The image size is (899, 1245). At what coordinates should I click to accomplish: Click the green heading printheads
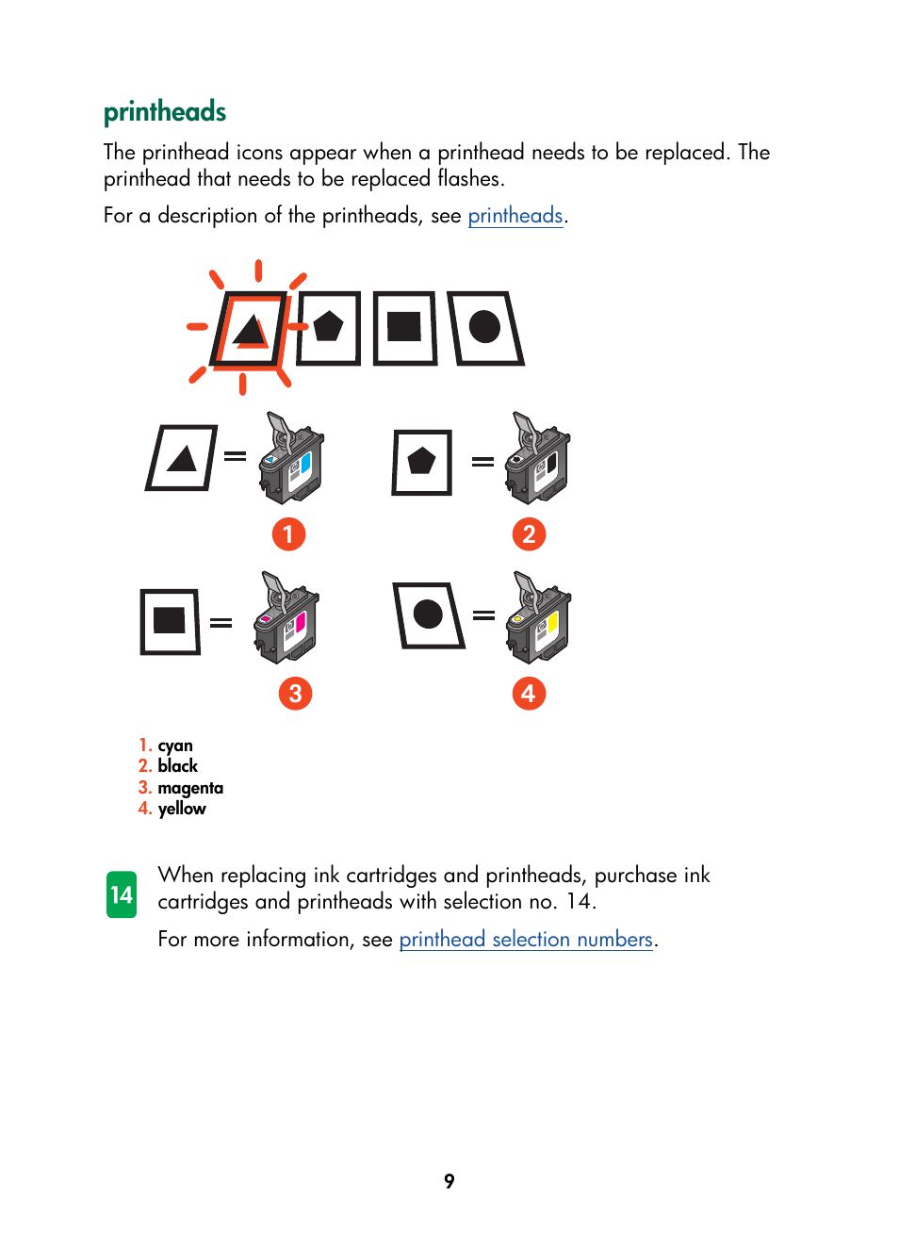(x=165, y=112)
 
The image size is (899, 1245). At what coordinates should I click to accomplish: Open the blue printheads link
(x=515, y=216)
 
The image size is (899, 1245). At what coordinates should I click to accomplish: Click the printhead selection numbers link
(x=526, y=940)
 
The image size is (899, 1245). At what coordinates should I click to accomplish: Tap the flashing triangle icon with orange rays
(x=250, y=330)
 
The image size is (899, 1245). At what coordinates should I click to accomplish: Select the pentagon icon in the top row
(x=328, y=328)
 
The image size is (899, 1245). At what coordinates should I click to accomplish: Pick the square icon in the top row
(x=404, y=328)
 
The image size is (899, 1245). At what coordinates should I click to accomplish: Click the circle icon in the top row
(x=485, y=328)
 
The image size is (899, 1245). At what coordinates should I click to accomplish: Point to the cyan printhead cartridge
(x=291, y=459)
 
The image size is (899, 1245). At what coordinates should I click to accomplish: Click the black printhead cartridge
(x=538, y=459)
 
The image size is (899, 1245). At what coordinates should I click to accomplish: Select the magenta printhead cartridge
(x=287, y=618)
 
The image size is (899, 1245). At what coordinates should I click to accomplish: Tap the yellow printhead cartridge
(x=539, y=618)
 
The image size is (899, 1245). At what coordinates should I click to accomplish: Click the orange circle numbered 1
(x=288, y=534)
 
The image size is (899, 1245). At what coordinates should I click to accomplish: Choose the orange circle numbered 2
(x=529, y=534)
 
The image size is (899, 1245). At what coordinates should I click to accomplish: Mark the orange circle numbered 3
(x=295, y=694)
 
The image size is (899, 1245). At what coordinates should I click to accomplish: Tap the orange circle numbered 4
(x=529, y=694)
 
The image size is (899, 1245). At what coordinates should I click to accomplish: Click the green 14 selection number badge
(x=122, y=894)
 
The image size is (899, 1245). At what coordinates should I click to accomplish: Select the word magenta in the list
(x=190, y=788)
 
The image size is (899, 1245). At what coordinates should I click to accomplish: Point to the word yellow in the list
(x=182, y=809)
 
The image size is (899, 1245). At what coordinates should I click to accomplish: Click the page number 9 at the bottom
(x=449, y=1181)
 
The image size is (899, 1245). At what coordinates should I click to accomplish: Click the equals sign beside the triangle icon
(x=236, y=456)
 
